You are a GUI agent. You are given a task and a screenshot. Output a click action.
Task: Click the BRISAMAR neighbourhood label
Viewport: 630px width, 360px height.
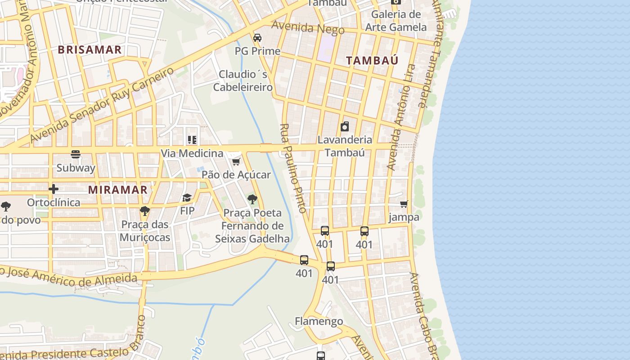[x=90, y=50]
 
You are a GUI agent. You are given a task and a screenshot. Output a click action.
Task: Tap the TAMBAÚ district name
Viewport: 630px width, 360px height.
[x=372, y=61]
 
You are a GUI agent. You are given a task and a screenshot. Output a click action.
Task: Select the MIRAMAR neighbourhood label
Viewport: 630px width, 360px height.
[x=118, y=190]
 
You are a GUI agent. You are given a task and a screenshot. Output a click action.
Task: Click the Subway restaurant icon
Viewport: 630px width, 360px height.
[x=76, y=154]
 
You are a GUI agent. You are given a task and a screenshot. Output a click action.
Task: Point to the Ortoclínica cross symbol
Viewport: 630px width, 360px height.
[x=54, y=189]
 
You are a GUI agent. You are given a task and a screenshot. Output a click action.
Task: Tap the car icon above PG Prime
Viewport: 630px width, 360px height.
[x=257, y=37]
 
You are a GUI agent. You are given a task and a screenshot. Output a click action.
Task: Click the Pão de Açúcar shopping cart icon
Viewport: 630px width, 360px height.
[x=236, y=161]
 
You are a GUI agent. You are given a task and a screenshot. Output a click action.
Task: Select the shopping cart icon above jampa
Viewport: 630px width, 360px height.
[x=404, y=204]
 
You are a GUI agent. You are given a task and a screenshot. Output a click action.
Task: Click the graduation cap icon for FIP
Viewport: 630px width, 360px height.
[x=187, y=198]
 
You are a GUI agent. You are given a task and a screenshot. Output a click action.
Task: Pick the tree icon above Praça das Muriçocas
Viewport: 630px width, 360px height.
[x=144, y=211]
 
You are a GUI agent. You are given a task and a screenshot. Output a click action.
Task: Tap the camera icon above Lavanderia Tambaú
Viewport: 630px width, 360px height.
[x=345, y=126]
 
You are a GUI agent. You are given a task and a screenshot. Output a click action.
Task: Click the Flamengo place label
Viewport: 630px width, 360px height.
[x=319, y=321]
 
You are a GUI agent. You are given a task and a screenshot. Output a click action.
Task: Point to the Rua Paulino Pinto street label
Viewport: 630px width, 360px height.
[x=293, y=168]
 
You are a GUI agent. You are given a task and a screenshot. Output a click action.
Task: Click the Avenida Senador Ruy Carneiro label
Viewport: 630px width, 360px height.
[x=102, y=106]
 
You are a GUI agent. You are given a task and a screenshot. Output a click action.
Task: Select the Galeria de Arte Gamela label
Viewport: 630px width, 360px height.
[x=396, y=21]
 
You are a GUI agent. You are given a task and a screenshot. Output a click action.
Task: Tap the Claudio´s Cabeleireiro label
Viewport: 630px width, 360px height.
[x=243, y=81]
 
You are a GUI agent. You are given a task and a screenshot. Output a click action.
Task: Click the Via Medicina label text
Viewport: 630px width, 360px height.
[x=192, y=153]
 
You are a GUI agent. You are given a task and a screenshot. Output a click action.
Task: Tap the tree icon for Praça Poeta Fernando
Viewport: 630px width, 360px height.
[x=252, y=199]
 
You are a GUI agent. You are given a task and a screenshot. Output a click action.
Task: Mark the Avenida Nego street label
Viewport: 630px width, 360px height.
[x=308, y=28]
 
